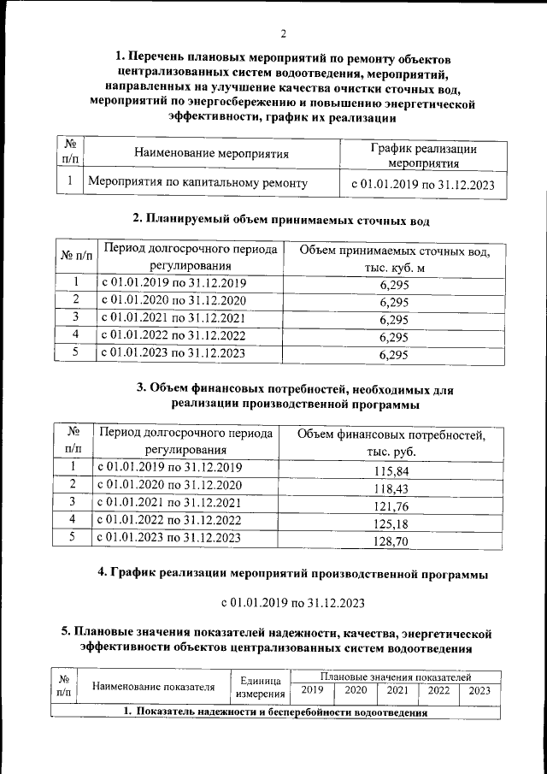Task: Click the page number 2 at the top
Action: [282, 34]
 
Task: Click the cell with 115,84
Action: [392, 471]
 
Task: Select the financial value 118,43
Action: [392, 488]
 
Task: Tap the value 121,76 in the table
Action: [392, 506]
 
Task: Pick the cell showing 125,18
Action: [392, 523]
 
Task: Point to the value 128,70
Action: [392, 541]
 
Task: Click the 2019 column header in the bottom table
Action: [313, 690]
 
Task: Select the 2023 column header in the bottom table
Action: [480, 690]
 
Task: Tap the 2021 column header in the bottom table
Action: [397, 690]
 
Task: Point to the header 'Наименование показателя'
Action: [153, 686]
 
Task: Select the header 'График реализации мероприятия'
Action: [423, 156]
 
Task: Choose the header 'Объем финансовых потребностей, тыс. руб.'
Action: [391, 442]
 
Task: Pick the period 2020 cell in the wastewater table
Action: [174, 300]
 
